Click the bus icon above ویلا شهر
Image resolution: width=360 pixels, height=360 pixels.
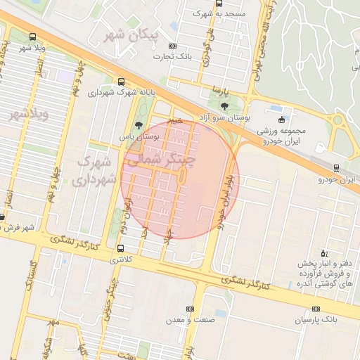pyautogui.click(x=33, y=37)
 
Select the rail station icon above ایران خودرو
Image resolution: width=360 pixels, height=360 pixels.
pyautogui.click(x=336, y=168)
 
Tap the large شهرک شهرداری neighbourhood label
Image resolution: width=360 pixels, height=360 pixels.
pyautogui.click(x=93, y=170)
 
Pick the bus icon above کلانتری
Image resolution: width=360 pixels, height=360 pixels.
pyautogui.click(x=121, y=248)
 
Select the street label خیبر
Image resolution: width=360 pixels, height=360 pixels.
pyautogui.click(x=176, y=120)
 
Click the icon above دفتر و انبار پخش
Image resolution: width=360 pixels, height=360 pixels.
pyautogui.click(x=323, y=253)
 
